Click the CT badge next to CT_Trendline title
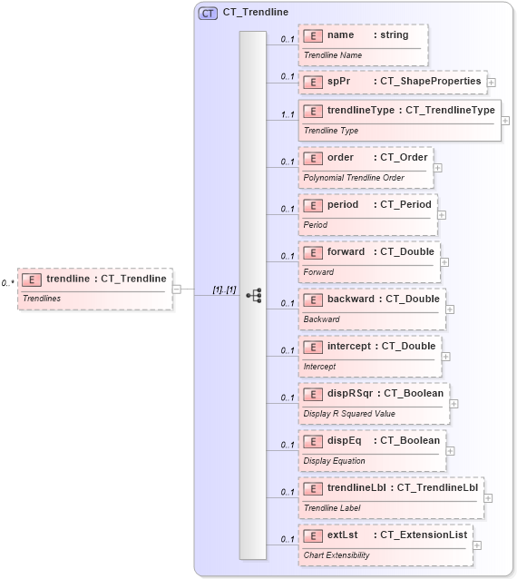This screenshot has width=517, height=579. [x=208, y=13]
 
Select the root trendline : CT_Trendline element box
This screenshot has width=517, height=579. [x=94, y=289]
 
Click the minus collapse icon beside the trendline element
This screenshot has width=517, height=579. [x=177, y=289]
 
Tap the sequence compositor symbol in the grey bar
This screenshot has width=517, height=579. [x=253, y=295]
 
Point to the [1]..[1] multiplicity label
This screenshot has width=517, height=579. [x=224, y=289]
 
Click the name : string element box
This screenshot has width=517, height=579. [x=363, y=43]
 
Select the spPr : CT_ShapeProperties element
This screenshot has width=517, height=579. [x=393, y=82]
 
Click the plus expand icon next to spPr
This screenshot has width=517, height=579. [x=492, y=83]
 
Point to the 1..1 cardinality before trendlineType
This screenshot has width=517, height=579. [x=287, y=114]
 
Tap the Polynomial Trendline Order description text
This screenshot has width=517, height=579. [x=354, y=178]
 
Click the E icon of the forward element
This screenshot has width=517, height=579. [x=312, y=252]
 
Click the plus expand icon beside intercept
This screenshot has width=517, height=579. [x=446, y=356]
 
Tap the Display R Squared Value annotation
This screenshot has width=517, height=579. [x=349, y=414]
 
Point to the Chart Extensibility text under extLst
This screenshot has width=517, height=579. [x=337, y=554]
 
